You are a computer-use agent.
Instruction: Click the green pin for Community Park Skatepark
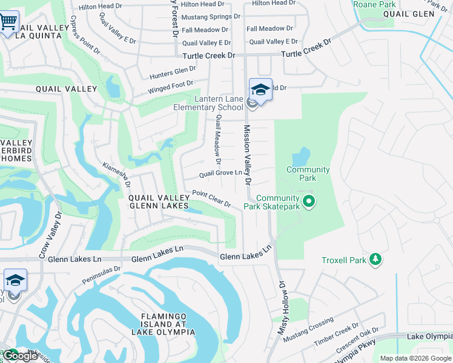(309, 201)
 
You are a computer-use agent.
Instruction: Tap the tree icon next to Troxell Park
(376, 260)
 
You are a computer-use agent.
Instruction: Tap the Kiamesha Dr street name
(116, 175)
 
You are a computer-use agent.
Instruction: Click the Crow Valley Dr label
(51, 235)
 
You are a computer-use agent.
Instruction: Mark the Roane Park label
(374, 4)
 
